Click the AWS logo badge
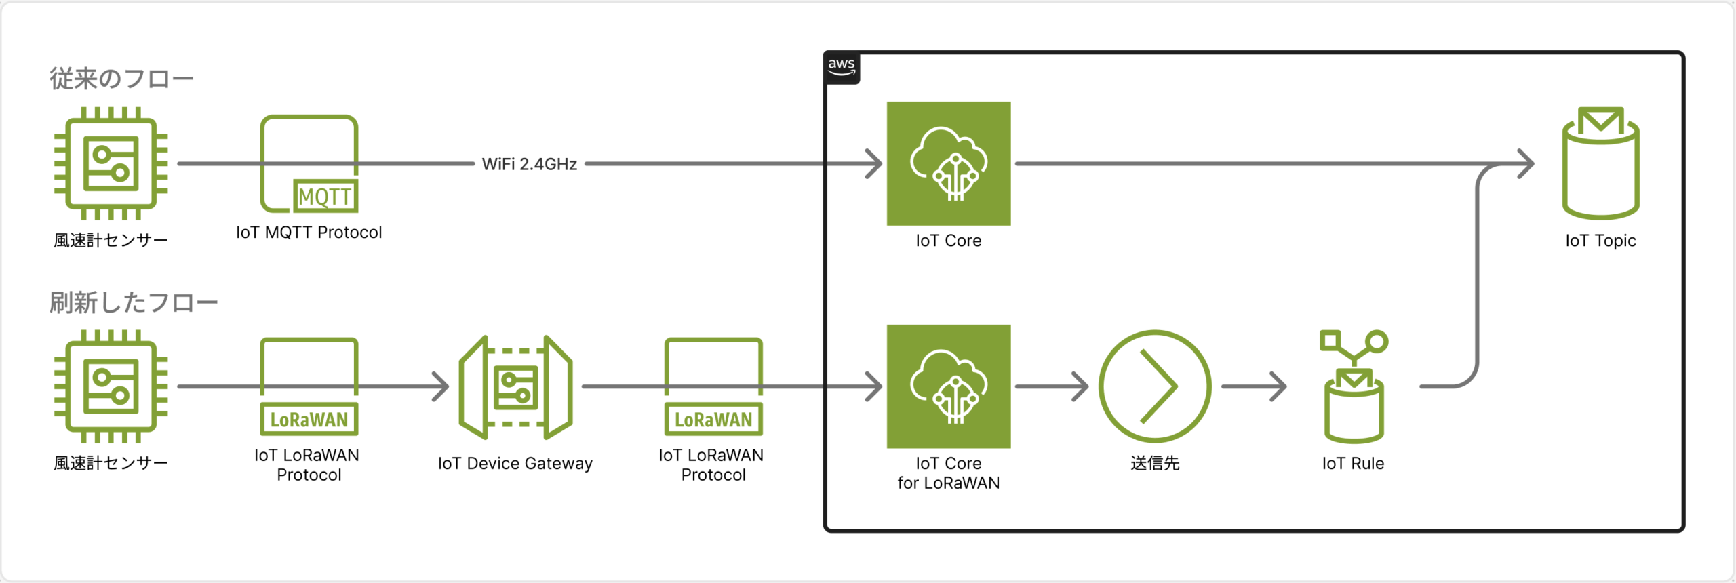click(842, 67)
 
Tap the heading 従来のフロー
click(121, 79)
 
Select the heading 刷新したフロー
click(134, 302)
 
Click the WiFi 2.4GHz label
click(529, 164)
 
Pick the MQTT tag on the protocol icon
click(325, 197)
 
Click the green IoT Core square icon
click(948, 163)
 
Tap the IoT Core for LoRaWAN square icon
click(948, 386)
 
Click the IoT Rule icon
click(1354, 386)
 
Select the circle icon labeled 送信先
click(1154, 386)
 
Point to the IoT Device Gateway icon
click(515, 387)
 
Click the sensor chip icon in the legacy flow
click(111, 163)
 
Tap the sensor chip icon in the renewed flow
click(111, 386)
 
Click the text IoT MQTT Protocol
click(309, 233)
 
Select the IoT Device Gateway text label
click(515, 464)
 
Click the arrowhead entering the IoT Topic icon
click(1526, 164)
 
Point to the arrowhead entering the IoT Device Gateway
click(441, 386)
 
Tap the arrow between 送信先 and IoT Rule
click(1255, 386)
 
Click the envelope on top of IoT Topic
click(1600, 121)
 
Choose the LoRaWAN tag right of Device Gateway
click(713, 420)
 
